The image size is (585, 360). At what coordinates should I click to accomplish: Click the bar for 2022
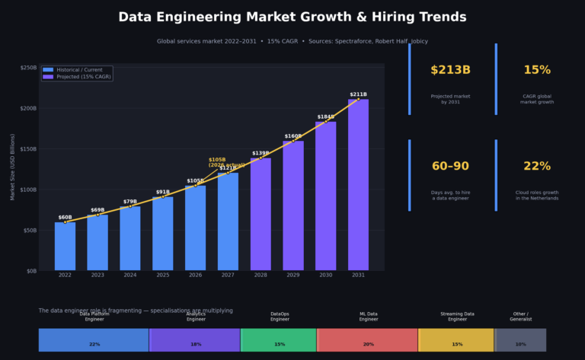point(65,246)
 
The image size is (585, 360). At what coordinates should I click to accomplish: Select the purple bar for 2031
point(358,185)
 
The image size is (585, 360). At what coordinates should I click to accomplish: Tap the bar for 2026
point(195,228)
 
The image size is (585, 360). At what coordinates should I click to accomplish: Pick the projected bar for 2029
point(293,205)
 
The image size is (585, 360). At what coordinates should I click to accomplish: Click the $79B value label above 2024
point(130,202)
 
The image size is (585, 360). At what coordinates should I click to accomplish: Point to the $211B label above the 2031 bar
point(358,94)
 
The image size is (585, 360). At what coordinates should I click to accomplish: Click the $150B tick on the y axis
point(27,149)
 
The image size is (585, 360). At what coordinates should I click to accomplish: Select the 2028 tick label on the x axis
point(261,275)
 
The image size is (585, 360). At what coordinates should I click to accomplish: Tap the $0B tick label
point(30,271)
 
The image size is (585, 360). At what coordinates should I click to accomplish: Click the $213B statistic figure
point(450,71)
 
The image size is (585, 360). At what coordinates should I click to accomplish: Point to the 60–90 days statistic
point(450,167)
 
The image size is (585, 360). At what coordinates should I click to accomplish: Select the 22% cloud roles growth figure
point(536,167)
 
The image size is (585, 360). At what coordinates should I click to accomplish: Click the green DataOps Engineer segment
point(279,339)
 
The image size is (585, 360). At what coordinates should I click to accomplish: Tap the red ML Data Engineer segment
point(368,339)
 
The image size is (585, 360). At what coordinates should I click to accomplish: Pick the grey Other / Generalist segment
point(521,339)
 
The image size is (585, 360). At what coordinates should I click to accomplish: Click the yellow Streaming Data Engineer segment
point(456,339)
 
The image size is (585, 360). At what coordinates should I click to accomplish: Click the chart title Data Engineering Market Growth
point(292,17)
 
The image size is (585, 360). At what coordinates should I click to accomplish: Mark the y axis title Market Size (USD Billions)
point(13,168)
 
